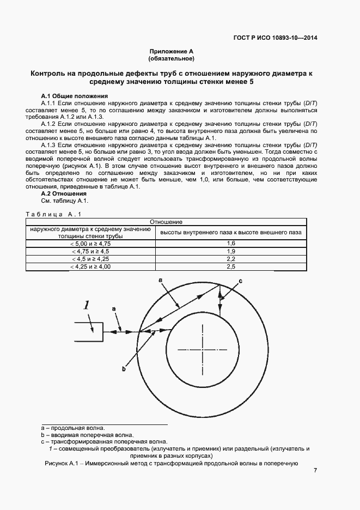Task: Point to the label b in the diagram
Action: point(124,369)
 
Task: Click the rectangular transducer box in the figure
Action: point(88,331)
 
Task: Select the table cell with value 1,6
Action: point(230,243)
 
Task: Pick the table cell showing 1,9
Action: point(230,251)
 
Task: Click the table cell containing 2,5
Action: point(230,267)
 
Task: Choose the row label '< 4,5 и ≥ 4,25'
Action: point(90,259)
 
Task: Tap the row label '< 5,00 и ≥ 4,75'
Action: point(90,243)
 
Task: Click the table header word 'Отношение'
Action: point(166,222)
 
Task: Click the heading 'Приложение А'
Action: point(171,51)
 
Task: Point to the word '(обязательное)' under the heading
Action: point(171,58)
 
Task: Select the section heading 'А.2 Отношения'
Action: point(64,193)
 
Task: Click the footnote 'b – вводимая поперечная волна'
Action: point(87,435)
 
